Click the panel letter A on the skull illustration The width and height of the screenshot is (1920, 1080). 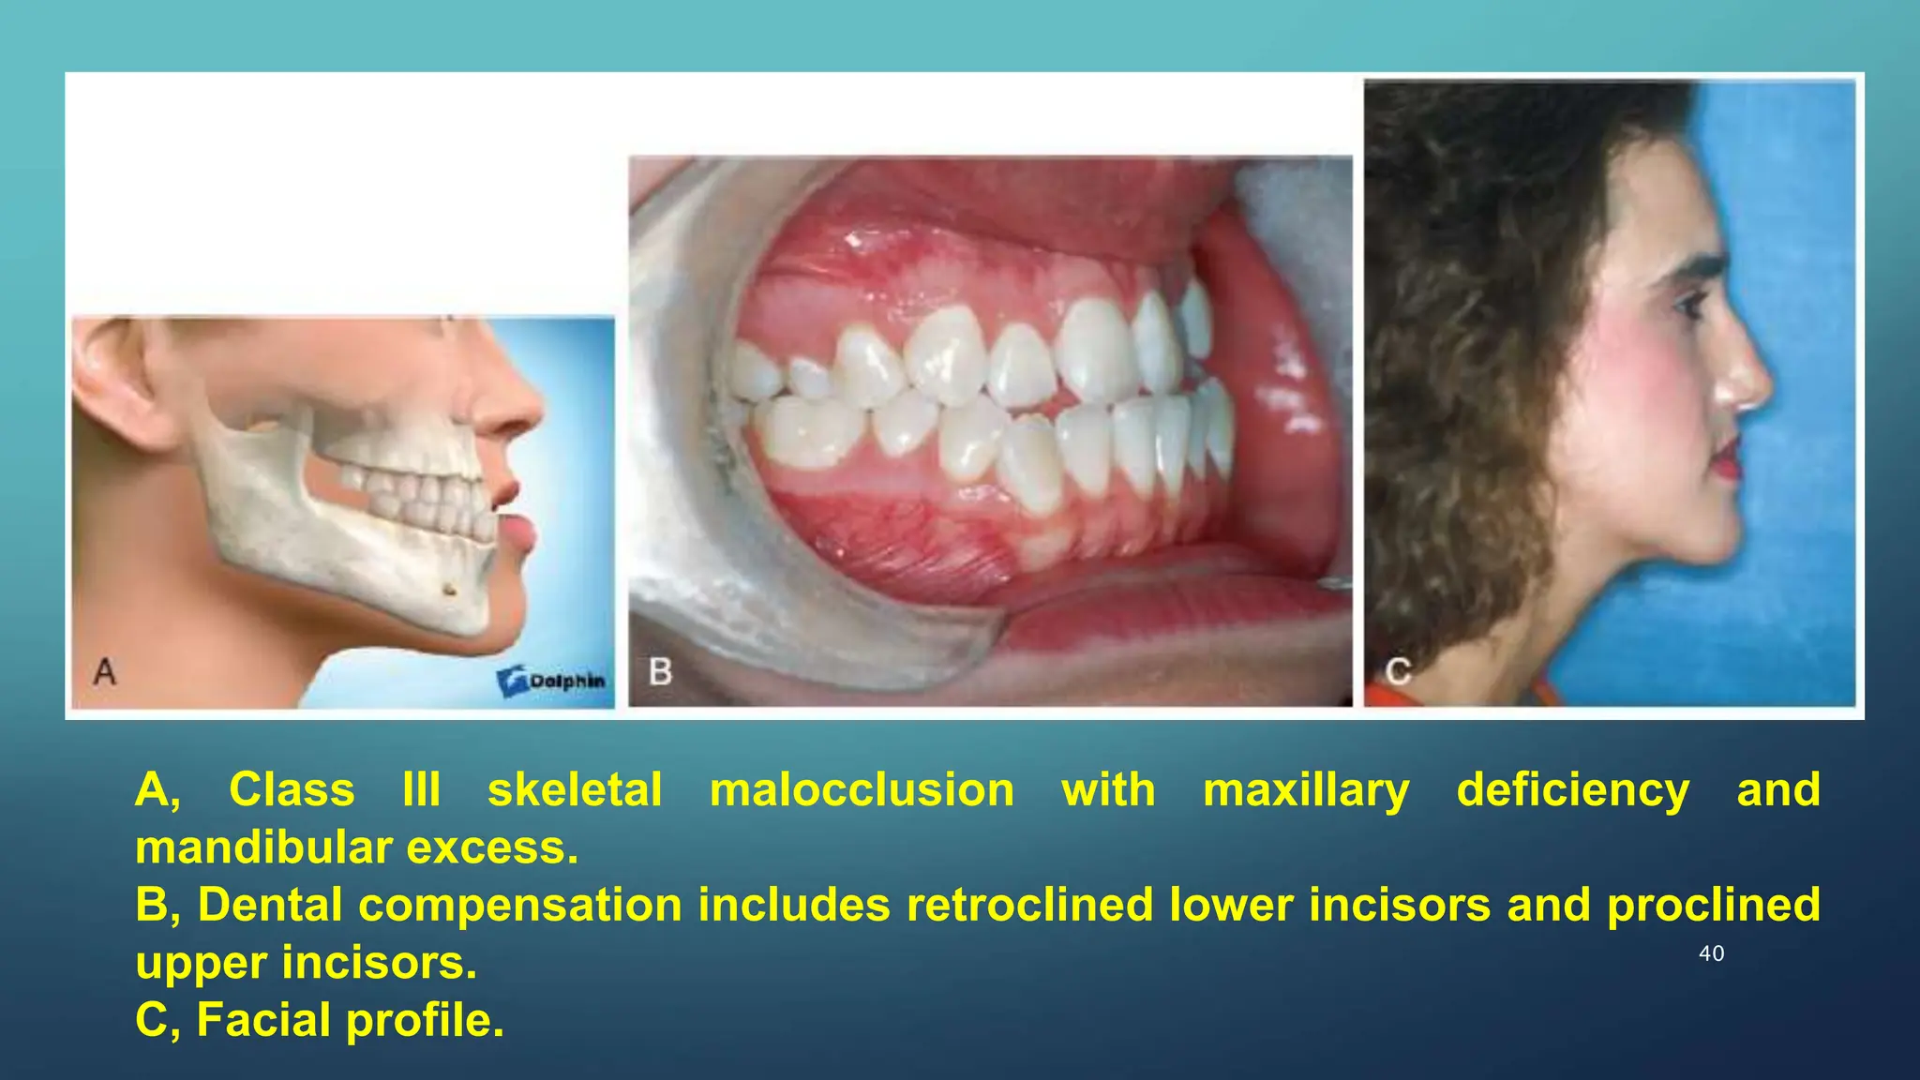pos(105,671)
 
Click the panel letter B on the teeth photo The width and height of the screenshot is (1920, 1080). pos(660,671)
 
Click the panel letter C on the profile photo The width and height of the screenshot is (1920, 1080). pos(1398,671)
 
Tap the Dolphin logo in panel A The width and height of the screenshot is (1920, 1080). pos(552,681)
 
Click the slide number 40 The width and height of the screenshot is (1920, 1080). pos(1711,953)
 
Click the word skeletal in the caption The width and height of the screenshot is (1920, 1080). pos(575,789)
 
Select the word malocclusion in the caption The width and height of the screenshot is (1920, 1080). pos(862,789)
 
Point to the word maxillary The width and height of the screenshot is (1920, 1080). pos(1306,789)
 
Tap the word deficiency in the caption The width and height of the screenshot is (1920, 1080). pos(1572,789)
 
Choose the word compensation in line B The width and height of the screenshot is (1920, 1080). pos(519,905)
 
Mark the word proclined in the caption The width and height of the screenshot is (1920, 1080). pos(1713,905)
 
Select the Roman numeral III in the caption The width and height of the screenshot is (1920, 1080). pos(421,789)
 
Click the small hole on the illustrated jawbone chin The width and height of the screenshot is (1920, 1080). pos(450,589)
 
